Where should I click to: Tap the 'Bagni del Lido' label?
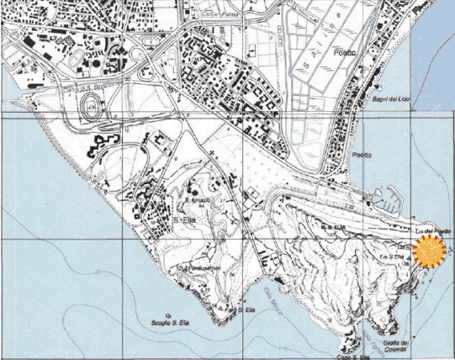pos(390,101)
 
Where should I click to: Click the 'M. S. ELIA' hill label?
pos(335,227)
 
